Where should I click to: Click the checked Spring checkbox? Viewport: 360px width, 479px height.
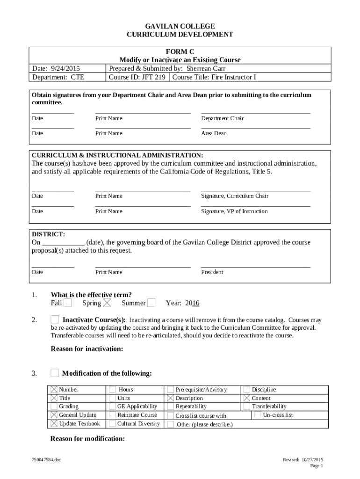click(107, 303)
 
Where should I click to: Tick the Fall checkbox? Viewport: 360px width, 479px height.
click(68, 303)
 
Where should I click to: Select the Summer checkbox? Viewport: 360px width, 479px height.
click(151, 303)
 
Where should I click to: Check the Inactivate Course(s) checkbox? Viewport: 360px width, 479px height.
click(55, 319)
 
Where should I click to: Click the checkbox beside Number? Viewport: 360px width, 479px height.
click(54, 390)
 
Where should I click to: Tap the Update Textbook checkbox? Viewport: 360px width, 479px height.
click(54, 424)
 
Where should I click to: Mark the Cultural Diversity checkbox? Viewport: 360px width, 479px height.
click(113, 424)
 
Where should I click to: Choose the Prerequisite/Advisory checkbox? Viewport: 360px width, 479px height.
click(171, 390)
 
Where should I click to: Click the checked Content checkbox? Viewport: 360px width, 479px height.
click(247, 398)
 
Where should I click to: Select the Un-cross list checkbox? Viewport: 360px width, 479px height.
click(258, 415)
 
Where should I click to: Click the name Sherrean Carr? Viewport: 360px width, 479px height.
click(206, 69)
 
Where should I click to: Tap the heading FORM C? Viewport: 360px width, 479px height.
click(180, 52)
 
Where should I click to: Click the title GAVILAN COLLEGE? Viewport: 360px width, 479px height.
click(180, 26)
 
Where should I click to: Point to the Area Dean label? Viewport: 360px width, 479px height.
click(214, 133)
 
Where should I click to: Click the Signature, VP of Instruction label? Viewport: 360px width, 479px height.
click(234, 211)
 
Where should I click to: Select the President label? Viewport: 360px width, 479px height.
click(212, 272)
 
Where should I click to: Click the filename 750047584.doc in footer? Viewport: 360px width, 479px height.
click(44, 460)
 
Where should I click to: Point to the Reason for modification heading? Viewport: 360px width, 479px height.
click(87, 439)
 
